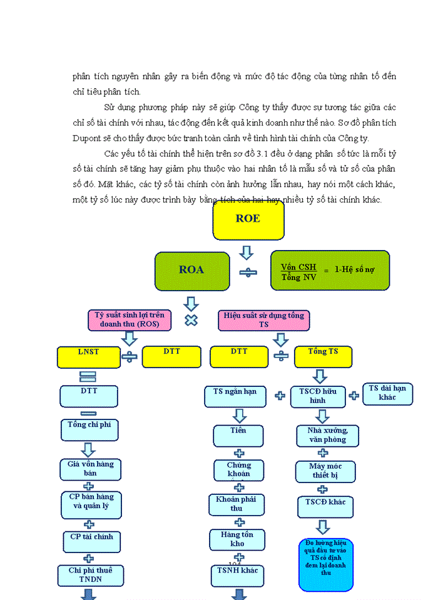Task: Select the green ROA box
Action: point(191,271)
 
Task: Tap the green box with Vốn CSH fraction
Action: point(330,271)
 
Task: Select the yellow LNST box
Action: point(88,356)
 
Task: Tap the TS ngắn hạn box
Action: point(235,396)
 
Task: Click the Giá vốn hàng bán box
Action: point(90,469)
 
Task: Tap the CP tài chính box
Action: point(91,541)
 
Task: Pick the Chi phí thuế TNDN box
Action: point(91,575)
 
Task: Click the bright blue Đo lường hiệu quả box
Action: point(326,564)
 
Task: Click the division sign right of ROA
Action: point(247,272)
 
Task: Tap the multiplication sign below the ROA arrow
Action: point(191,320)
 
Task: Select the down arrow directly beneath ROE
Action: point(247,252)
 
